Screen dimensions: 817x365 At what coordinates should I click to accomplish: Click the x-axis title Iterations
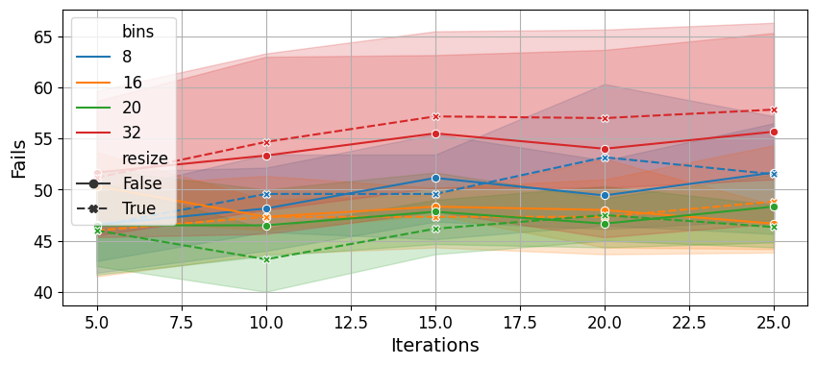(435, 345)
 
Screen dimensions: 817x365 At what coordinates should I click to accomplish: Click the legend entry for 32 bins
(109, 133)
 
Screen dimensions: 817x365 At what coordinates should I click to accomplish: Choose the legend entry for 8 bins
(104, 57)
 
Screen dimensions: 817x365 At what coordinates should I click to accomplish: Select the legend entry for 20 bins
(109, 108)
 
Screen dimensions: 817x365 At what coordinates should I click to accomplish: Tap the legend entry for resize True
(115, 208)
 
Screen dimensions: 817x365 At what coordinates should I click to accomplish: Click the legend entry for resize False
(119, 183)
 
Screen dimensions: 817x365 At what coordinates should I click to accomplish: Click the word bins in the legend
(137, 32)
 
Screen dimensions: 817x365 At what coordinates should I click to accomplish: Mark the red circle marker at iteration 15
(435, 134)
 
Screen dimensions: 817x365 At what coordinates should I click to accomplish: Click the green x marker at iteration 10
(266, 259)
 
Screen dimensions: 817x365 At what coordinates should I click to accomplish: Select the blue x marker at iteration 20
(605, 158)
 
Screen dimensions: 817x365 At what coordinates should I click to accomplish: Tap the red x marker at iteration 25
(774, 109)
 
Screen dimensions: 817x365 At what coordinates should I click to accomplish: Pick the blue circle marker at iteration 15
(435, 178)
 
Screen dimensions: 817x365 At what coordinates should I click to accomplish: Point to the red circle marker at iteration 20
(605, 150)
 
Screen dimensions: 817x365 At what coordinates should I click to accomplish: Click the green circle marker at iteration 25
(774, 207)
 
